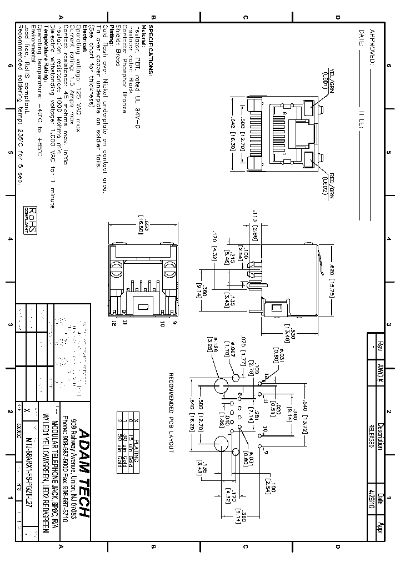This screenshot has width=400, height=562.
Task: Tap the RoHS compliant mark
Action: click(x=32, y=220)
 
